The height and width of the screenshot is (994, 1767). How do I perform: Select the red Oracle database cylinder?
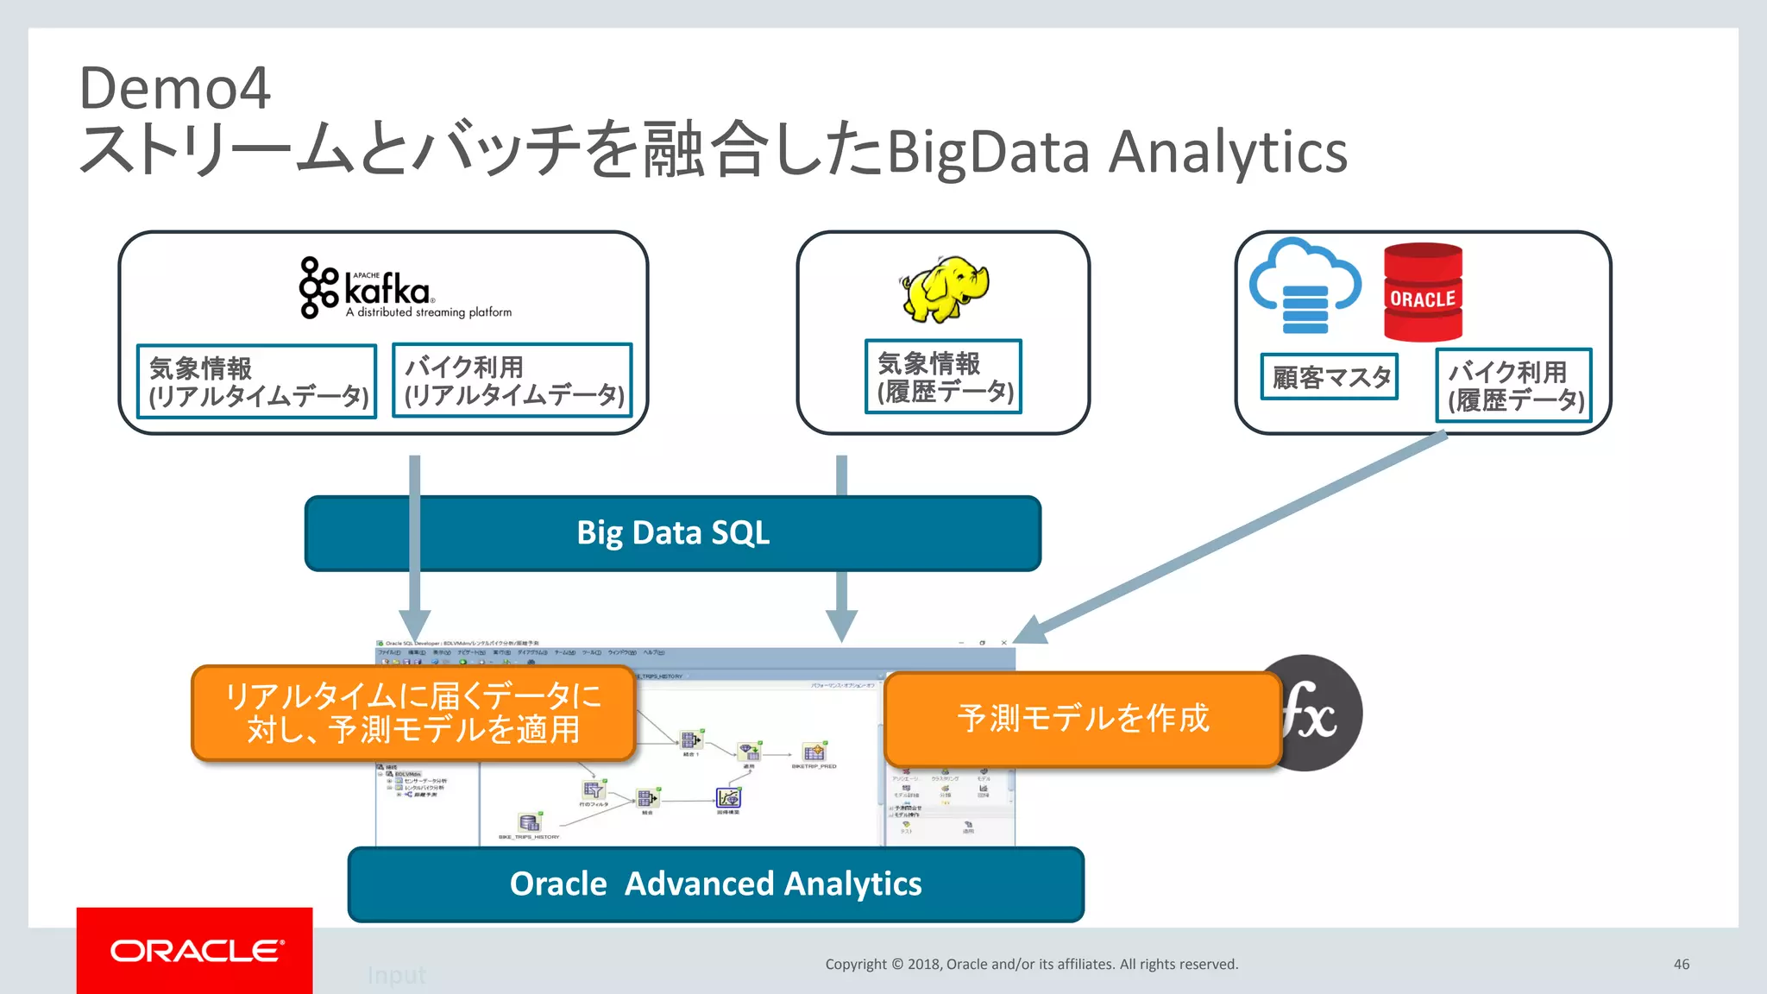pyautogui.click(x=1423, y=293)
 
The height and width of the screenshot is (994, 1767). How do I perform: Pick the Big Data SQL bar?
pyautogui.click(x=673, y=533)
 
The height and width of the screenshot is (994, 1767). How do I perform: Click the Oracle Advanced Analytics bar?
pyautogui.click(x=715, y=884)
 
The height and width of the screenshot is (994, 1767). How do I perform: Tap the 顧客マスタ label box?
pyautogui.click(x=1330, y=377)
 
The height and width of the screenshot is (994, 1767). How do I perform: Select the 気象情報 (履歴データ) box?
pyautogui.click(x=943, y=377)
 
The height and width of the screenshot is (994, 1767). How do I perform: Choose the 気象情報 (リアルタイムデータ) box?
pyautogui.click(x=257, y=381)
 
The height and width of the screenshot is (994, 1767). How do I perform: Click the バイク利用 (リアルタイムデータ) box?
pyautogui.click(x=512, y=381)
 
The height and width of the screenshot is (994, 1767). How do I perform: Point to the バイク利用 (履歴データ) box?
pyautogui.click(x=1514, y=386)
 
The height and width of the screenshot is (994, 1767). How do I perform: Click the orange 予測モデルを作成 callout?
pyautogui.click(x=1082, y=719)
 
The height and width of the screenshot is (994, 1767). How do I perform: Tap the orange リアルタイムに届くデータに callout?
pyautogui.click(x=413, y=713)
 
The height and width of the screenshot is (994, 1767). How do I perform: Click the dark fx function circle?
pyautogui.click(x=1320, y=713)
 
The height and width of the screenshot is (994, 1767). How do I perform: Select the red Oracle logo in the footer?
pyautogui.click(x=195, y=950)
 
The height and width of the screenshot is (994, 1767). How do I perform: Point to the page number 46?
pyautogui.click(x=1681, y=964)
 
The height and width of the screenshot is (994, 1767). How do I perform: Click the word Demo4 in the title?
pyautogui.click(x=175, y=88)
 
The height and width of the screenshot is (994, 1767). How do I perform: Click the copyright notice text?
pyautogui.click(x=1031, y=964)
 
